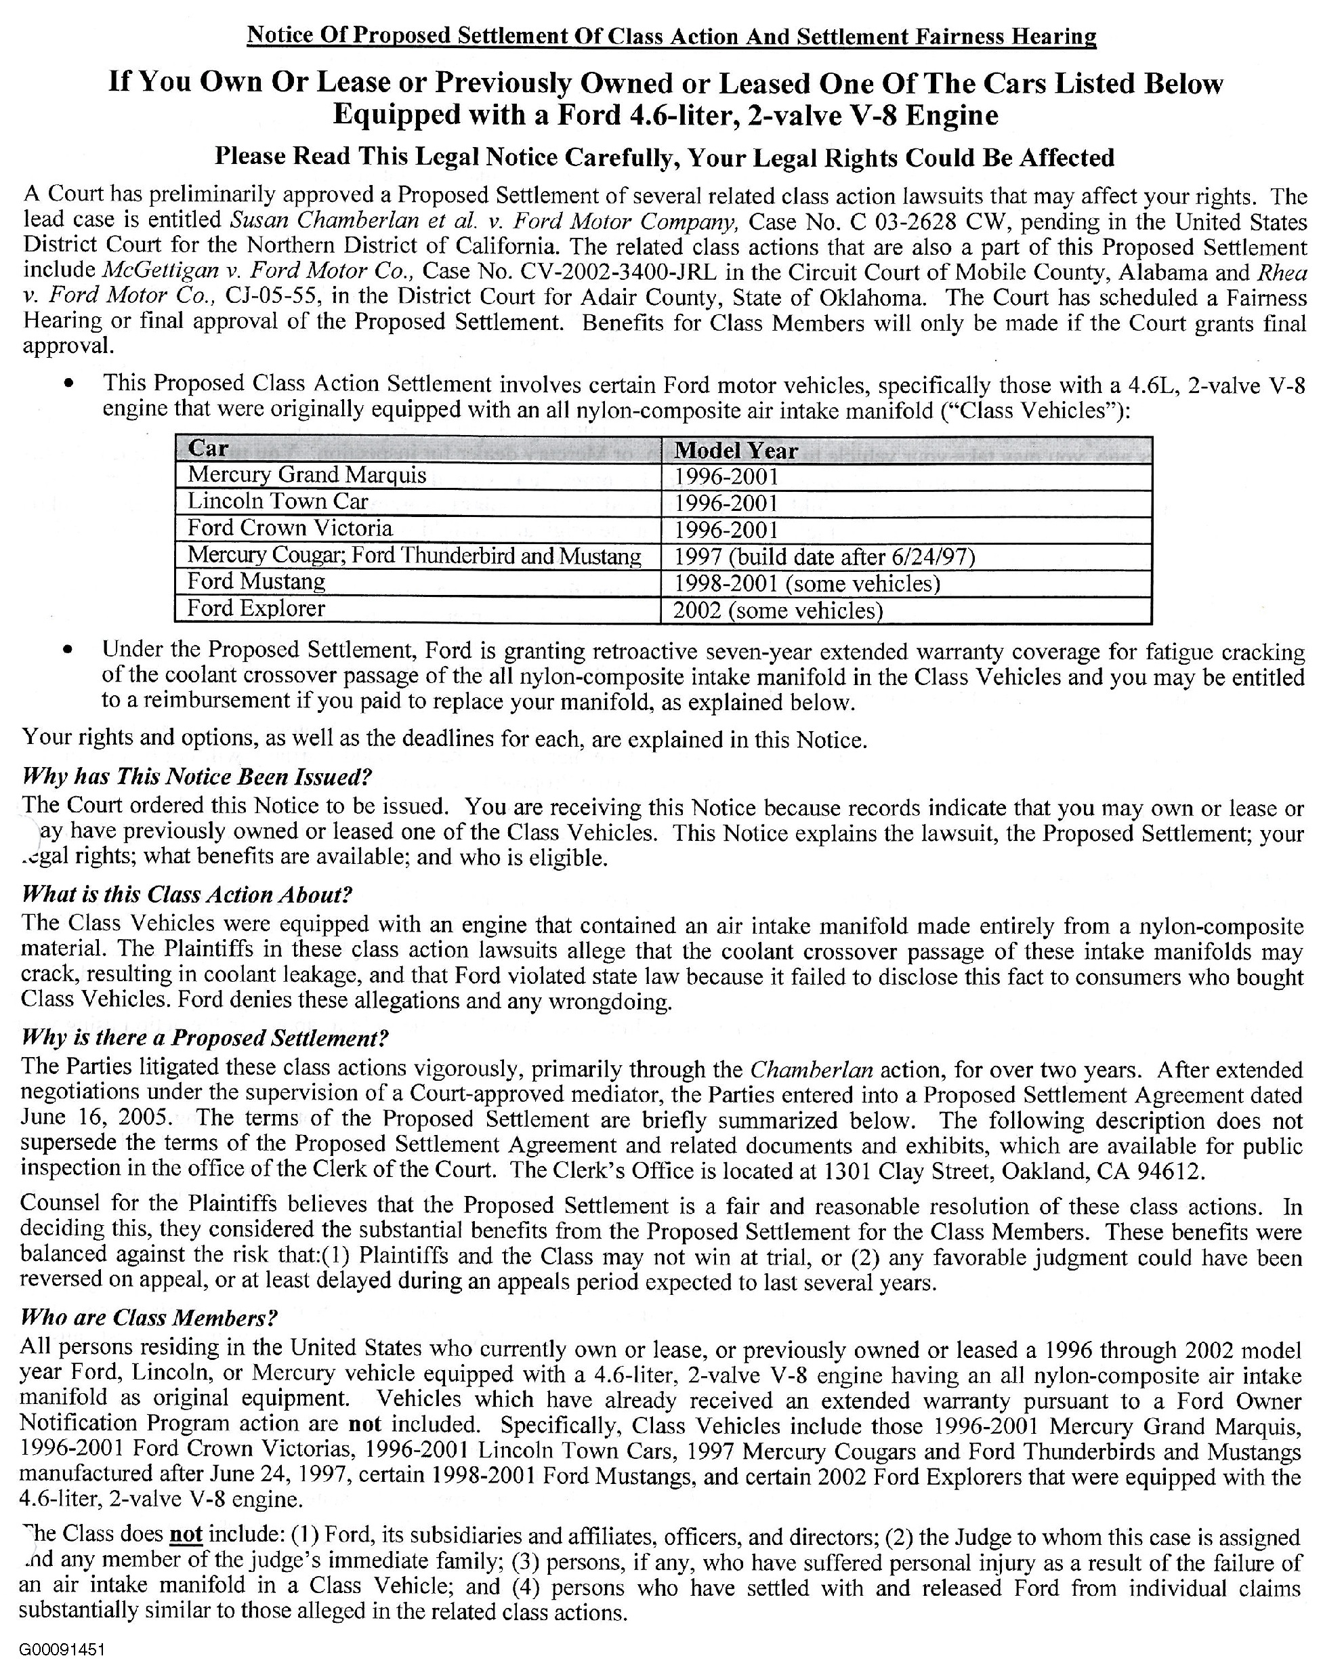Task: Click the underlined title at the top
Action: (x=671, y=36)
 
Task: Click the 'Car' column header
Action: (x=209, y=449)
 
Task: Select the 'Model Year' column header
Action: (x=736, y=450)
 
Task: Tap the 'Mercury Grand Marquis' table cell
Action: (x=307, y=475)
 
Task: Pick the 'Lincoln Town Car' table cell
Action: (x=278, y=501)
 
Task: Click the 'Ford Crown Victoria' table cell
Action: (x=290, y=529)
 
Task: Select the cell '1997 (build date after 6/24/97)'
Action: (x=824, y=557)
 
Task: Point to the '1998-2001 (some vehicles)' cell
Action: (x=807, y=583)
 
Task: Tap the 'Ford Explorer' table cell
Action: (x=256, y=608)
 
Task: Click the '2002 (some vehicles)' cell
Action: (x=777, y=611)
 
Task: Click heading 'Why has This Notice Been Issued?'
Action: (x=197, y=777)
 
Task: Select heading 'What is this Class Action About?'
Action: (x=186, y=895)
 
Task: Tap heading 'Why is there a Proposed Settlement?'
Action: (x=205, y=1038)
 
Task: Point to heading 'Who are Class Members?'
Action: (x=148, y=1318)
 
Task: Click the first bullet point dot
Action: (x=70, y=384)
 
